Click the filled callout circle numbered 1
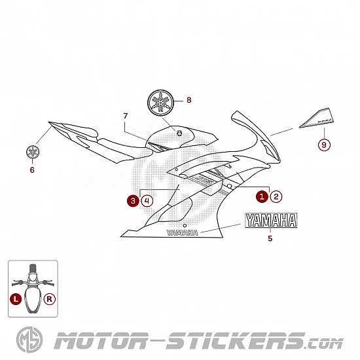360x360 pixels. pos(262,196)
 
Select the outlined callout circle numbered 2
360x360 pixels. pos(276,196)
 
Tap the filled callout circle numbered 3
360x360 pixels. pos(133,201)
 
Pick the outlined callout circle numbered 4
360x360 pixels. pos(147,201)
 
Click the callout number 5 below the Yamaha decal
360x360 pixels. pos(270,238)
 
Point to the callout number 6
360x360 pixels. pos(32,170)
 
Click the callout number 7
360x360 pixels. pos(126,116)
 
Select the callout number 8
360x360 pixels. pos(189,100)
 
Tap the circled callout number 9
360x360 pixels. pos(324,145)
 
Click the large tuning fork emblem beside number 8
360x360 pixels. pos(160,103)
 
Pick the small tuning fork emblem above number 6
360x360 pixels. pos(33,152)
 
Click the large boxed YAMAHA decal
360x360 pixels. pos(271,220)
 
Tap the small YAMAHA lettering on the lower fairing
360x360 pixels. pos(183,233)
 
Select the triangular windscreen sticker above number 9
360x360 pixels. pos(317,118)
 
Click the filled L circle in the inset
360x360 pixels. pos(16,299)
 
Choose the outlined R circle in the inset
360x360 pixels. pos(50,299)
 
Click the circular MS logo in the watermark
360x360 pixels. pos(29,340)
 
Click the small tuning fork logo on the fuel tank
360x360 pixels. pos(179,133)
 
